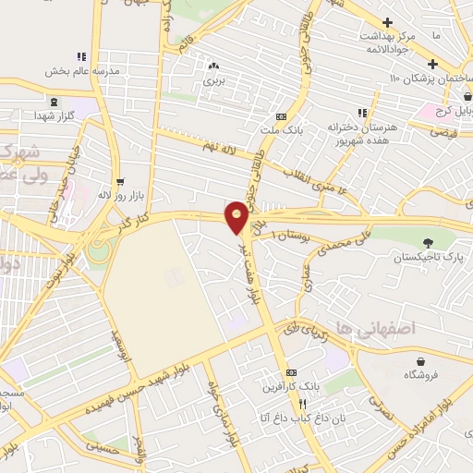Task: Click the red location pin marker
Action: point(236,216)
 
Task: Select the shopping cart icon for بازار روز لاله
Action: point(120,180)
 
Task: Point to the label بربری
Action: point(213,80)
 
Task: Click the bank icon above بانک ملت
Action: point(281,116)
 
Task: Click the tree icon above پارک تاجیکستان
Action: point(426,244)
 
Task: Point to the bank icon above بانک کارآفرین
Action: point(292,372)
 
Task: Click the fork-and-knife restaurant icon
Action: point(301,405)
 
